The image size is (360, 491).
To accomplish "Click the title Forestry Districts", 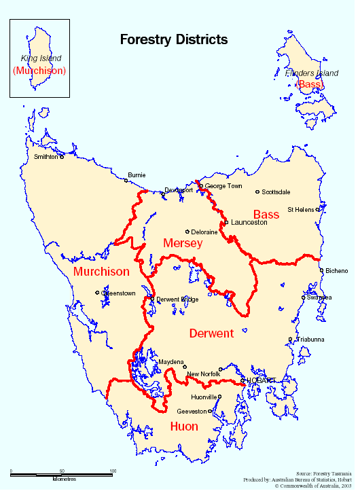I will (173, 40).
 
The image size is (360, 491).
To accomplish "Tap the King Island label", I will (41, 58).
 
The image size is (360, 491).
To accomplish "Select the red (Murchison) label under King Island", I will (39, 71).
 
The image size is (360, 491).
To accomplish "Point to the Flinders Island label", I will (312, 73).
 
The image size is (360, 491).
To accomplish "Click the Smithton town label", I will (46, 157).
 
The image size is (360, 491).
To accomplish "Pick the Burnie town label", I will (136, 175).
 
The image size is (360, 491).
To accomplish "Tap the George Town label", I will (223, 185).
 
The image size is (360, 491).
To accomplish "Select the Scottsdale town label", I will (276, 192).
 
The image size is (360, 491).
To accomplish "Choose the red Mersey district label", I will (183, 242).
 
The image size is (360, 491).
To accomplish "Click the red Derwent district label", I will (211, 333).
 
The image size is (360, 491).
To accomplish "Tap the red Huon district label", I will (183, 426).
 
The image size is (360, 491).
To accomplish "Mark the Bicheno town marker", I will (321, 271).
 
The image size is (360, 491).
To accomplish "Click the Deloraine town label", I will (204, 232).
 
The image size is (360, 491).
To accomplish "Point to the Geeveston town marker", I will (211, 411).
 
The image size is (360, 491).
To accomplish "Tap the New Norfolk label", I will (202, 374).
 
